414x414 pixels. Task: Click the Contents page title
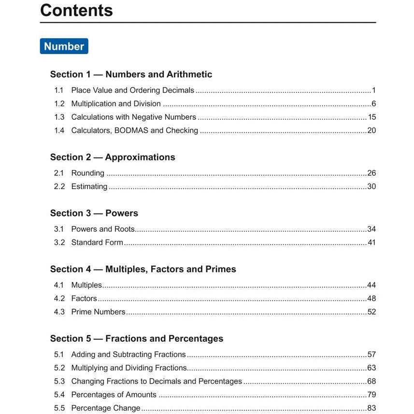[x=76, y=10]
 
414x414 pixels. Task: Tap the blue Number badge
[x=64, y=46]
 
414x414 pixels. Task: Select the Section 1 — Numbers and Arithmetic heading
[x=131, y=74]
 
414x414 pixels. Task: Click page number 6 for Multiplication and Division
[x=373, y=104]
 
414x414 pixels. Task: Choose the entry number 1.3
[x=59, y=117]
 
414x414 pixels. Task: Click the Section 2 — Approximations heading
[x=113, y=157]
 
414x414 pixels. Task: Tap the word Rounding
[x=87, y=173]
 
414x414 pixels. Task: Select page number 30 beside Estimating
[x=371, y=186]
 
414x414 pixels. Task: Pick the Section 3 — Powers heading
[x=94, y=214]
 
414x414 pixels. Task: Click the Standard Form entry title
[x=97, y=243]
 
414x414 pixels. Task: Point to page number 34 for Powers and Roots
[x=371, y=229]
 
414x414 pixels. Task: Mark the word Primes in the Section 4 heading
[x=221, y=270]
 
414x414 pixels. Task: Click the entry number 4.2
[x=59, y=299]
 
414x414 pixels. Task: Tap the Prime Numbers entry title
[x=98, y=312]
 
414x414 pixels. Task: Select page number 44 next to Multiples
[x=371, y=285]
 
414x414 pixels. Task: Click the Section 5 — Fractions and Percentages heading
[x=137, y=339]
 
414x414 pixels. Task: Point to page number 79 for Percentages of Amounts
[x=371, y=395]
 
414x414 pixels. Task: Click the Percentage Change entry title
[x=105, y=408]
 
